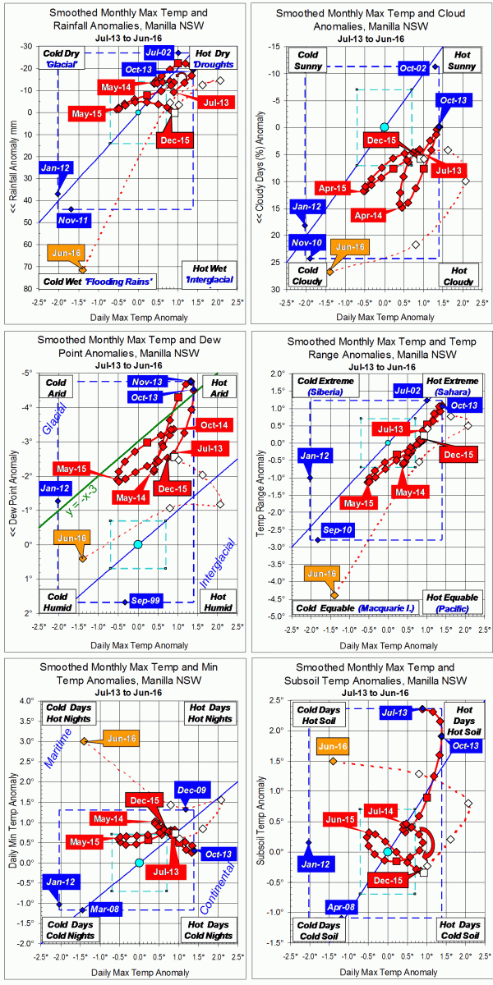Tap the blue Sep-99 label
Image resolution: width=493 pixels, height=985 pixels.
pyautogui.click(x=143, y=602)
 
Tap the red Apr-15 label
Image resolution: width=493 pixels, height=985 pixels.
pyautogui.click(x=331, y=188)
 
